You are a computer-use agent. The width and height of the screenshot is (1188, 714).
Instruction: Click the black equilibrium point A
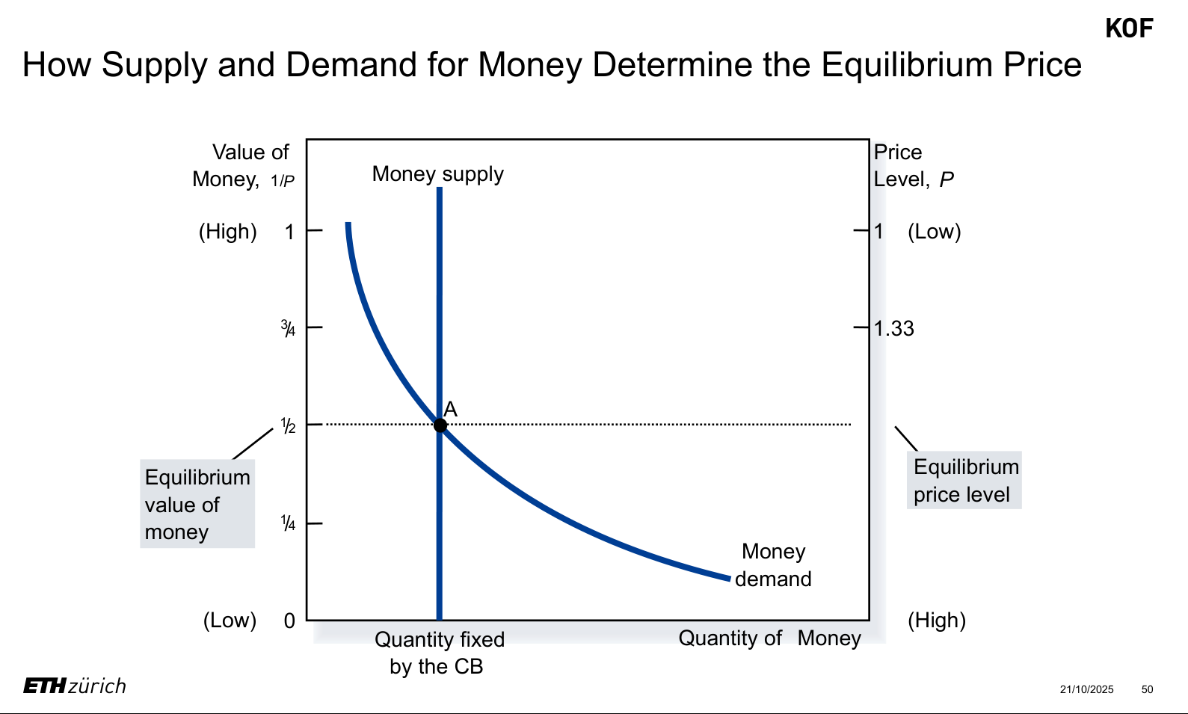440,425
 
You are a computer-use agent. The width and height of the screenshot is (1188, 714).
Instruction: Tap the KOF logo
1129,28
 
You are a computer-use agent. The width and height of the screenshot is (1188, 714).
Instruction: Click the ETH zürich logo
75,686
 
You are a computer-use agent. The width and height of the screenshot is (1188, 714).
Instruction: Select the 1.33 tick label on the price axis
893,328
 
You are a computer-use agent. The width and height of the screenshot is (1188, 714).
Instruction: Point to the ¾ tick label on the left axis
288,328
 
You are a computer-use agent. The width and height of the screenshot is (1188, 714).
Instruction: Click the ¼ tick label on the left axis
288,523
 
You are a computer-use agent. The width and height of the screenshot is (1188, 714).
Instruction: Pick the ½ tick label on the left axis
288,425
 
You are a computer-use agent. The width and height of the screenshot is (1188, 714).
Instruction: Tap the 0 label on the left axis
289,621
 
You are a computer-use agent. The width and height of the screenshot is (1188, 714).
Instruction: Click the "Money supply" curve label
437,174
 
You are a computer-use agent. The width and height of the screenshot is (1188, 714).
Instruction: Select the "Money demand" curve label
773,565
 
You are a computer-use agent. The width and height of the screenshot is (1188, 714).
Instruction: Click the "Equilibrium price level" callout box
964,480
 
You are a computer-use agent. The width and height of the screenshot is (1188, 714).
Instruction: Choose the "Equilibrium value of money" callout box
197,504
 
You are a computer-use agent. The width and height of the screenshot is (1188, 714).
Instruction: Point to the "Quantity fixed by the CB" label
439,653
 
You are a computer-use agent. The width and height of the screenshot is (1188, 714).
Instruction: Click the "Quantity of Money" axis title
769,638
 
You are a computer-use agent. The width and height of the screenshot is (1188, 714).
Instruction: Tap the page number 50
1147,689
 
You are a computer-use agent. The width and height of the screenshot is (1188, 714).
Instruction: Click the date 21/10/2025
1087,689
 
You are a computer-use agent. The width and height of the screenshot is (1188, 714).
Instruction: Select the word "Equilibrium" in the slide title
906,65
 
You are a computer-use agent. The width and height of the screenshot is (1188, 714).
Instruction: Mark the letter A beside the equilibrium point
450,409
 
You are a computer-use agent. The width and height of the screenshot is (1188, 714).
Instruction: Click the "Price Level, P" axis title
914,165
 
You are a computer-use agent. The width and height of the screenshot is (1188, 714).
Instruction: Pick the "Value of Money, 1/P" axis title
244,165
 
